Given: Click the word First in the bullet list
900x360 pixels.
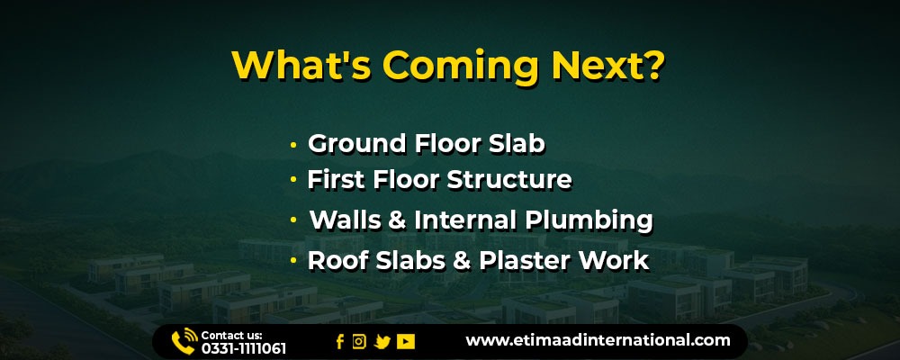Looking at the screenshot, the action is pyautogui.click(x=337, y=180).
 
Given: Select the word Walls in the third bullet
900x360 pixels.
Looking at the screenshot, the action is pyautogui.click(x=345, y=220).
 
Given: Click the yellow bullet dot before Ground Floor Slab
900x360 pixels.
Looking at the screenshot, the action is pyautogui.click(x=294, y=145).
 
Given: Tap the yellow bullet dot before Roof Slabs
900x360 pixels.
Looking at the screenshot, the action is pyautogui.click(x=294, y=261).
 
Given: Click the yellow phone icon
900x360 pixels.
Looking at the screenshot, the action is pyautogui.click(x=184, y=341).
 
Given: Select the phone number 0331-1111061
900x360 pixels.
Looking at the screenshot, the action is pyautogui.click(x=243, y=348).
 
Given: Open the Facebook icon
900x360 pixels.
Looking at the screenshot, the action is pyautogui.click(x=340, y=342).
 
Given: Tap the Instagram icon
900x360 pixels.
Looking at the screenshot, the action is pyautogui.click(x=359, y=342).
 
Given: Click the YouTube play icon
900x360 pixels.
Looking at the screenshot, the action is pyautogui.click(x=405, y=342).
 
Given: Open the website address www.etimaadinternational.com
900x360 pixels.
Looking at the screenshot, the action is pyautogui.click(x=598, y=340).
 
